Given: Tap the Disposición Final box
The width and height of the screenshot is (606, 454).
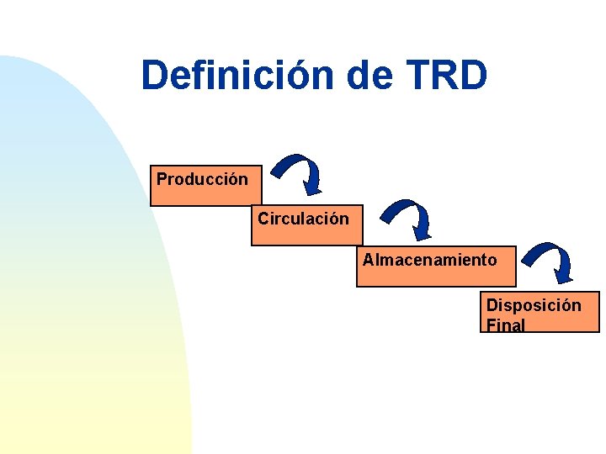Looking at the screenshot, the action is coord(540,313).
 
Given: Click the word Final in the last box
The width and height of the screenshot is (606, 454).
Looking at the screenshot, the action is coord(505,325).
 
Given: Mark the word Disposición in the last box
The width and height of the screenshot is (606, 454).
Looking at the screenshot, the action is coord(534,304).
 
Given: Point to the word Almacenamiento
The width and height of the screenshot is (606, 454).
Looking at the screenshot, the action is coord(429,260).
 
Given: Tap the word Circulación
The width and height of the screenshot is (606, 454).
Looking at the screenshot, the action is coord(303,219).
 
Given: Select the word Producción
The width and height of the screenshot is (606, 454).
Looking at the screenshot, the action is coord(202,179).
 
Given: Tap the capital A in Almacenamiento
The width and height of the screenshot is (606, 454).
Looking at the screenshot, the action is coord(368,260).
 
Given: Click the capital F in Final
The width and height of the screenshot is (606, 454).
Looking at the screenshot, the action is coord(491,325).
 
